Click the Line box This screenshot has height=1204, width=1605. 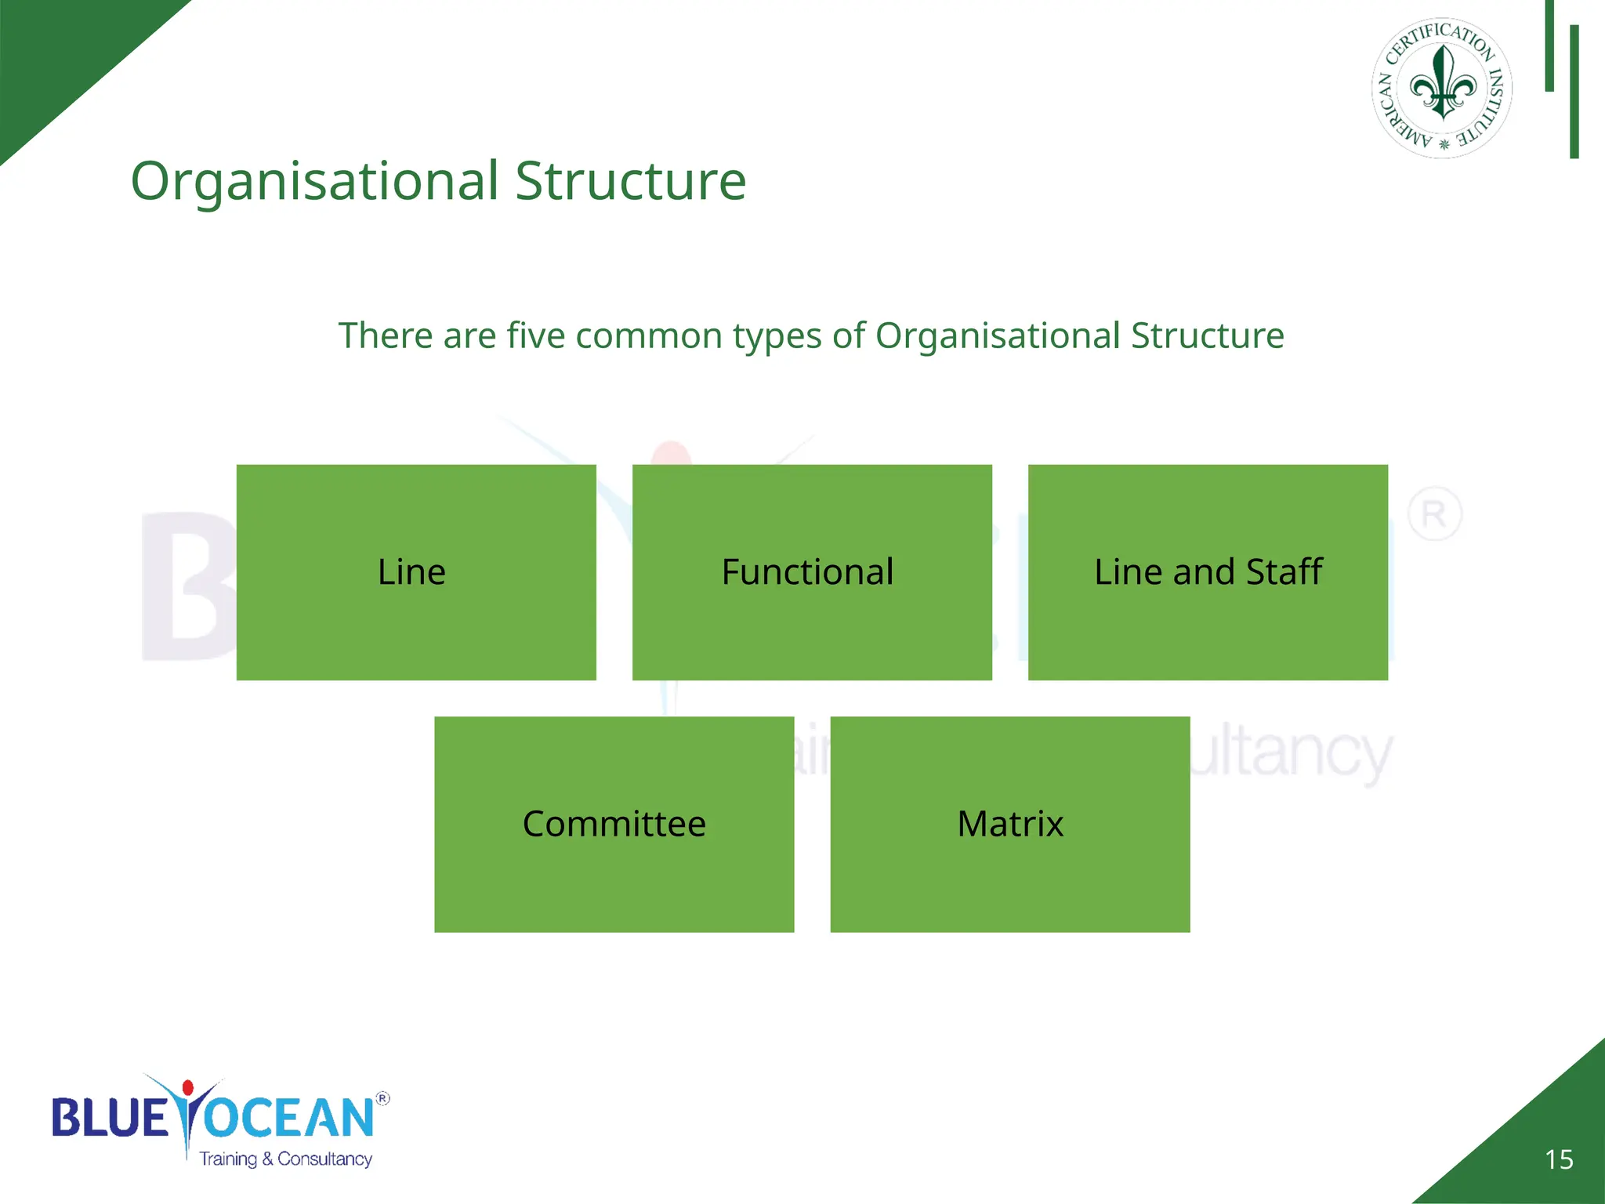[416, 572]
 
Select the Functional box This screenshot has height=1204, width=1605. [812, 572]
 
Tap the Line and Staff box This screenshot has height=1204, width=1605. [1208, 572]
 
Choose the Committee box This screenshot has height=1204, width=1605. [614, 824]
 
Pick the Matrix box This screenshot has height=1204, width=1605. [1010, 824]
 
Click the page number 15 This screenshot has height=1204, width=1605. [1559, 1159]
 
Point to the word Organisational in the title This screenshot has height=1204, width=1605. [314, 181]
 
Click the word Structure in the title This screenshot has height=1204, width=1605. [630, 181]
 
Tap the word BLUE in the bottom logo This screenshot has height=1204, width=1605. [110, 1117]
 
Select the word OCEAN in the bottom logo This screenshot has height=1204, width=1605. [288, 1117]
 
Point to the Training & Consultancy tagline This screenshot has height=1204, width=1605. [285, 1159]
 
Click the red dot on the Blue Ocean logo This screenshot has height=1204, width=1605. [188, 1087]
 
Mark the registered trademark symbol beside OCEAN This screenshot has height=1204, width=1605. [382, 1098]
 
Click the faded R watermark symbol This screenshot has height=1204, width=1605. [1434, 515]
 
